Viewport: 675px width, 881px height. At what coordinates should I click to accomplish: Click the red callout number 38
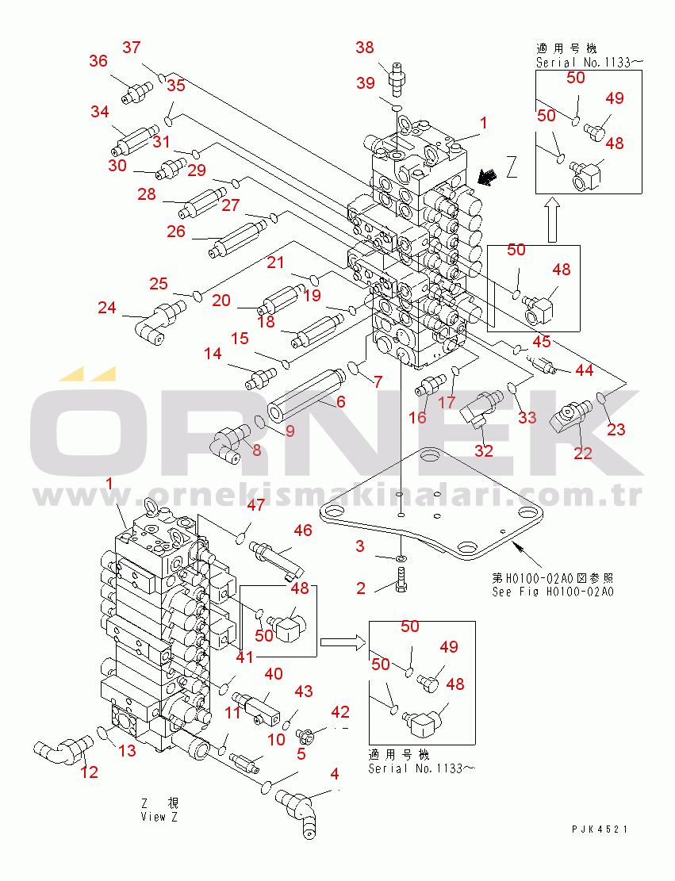[365, 48]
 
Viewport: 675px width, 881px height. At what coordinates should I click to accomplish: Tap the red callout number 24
[107, 308]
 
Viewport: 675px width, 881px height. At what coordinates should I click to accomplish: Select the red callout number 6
[340, 401]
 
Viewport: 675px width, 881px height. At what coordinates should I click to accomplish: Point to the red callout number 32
[483, 450]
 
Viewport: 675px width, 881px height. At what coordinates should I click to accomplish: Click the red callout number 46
[303, 530]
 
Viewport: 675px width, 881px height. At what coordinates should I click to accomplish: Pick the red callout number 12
[90, 772]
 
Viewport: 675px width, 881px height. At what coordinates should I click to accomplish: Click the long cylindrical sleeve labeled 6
[305, 396]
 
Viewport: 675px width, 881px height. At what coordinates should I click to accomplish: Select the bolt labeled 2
[401, 580]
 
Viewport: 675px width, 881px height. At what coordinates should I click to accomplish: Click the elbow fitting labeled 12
[63, 750]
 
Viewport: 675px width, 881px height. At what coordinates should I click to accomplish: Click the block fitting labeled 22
[570, 416]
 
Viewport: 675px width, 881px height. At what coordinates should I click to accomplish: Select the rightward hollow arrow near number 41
[343, 642]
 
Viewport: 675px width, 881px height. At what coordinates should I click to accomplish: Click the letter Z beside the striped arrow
[511, 167]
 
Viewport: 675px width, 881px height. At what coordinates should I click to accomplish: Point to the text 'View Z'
[159, 817]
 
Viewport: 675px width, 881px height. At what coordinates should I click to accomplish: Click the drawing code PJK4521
[600, 829]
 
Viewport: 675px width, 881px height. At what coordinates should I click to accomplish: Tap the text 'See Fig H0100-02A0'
[553, 592]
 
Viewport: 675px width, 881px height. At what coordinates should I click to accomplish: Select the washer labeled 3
[401, 559]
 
